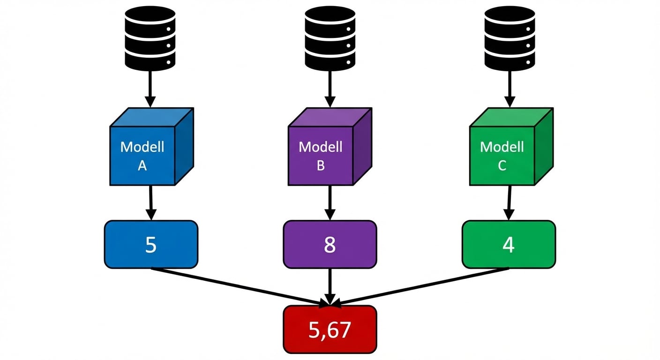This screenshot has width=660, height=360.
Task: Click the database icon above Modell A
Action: click(x=150, y=38)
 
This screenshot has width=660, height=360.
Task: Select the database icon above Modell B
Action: click(x=330, y=38)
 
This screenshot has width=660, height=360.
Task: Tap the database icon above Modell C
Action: click(x=510, y=38)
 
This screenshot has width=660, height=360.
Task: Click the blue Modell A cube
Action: click(x=152, y=146)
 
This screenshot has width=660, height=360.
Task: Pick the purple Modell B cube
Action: click(x=330, y=146)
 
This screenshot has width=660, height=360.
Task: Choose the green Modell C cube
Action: click(x=511, y=146)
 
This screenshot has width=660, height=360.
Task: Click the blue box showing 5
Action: click(x=151, y=244)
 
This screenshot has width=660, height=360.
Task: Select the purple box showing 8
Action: click(x=330, y=244)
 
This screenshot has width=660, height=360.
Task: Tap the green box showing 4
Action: click(x=509, y=244)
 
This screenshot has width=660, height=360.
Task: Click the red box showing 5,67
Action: click(x=330, y=330)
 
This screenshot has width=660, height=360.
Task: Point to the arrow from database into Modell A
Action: click(x=150, y=89)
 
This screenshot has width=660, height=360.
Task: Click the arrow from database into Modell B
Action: click(x=330, y=89)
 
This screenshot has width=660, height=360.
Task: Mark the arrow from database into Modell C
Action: click(x=510, y=89)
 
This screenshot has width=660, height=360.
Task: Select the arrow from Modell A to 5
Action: click(x=151, y=202)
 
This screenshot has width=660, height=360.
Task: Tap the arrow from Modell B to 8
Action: click(x=330, y=202)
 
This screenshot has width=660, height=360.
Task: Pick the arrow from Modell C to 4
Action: click(x=509, y=202)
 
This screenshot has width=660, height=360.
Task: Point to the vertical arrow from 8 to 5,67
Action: click(x=330, y=287)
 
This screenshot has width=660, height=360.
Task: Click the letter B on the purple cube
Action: click(x=321, y=165)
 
